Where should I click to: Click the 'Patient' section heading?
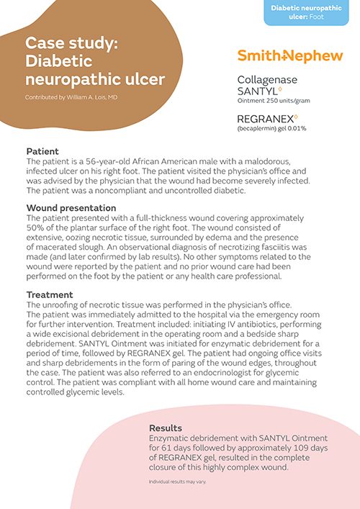click(x=42, y=152)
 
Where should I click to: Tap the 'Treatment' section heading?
click(x=50, y=294)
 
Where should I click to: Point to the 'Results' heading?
click(x=166, y=427)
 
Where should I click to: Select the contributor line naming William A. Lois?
click(x=71, y=96)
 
